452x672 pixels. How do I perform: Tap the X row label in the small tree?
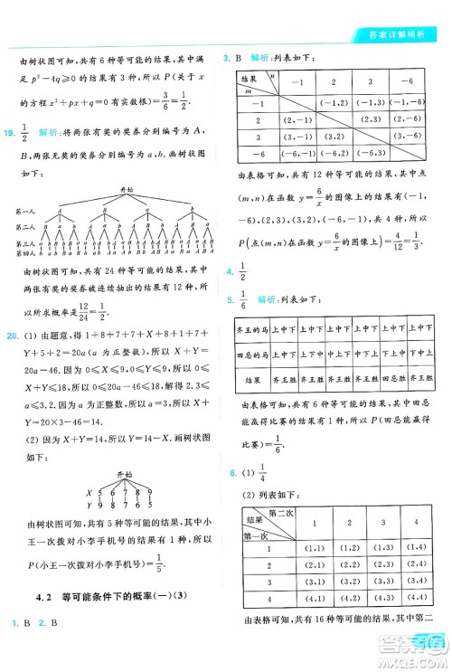coord(89,493)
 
